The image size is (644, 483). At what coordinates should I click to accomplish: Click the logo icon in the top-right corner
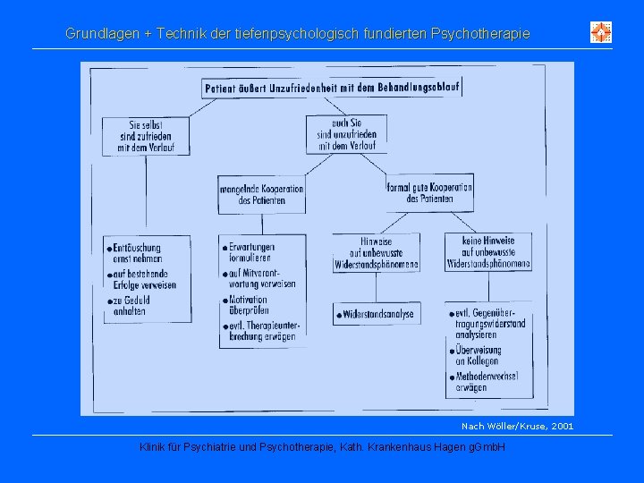(x=601, y=33)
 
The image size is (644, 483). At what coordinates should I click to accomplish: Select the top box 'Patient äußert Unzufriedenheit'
(x=330, y=89)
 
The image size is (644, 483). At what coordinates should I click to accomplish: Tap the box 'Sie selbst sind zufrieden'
(x=146, y=136)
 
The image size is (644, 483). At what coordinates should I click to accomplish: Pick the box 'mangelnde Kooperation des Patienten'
(x=260, y=194)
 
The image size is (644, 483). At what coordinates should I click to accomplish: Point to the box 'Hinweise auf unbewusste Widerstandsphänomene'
(x=376, y=253)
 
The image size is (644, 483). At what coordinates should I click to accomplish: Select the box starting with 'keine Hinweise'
(x=488, y=252)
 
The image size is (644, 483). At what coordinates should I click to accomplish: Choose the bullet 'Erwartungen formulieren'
(x=252, y=252)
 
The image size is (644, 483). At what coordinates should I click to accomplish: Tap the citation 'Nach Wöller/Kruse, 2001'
(x=517, y=427)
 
